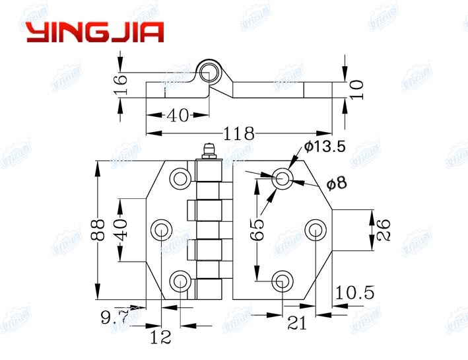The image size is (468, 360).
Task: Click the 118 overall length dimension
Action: [x=239, y=133]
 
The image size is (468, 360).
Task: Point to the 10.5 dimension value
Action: [x=355, y=292]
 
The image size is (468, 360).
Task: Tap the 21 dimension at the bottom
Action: [x=298, y=323]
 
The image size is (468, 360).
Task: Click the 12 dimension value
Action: [x=160, y=338]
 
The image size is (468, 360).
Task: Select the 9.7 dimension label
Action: [x=116, y=318]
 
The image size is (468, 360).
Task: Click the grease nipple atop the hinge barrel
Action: [x=207, y=152]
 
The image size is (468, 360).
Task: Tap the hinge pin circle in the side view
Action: [x=211, y=71]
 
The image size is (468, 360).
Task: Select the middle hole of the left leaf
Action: [x=161, y=230]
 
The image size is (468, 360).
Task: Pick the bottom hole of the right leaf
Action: [x=281, y=280]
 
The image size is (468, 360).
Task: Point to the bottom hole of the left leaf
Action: [x=180, y=281]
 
